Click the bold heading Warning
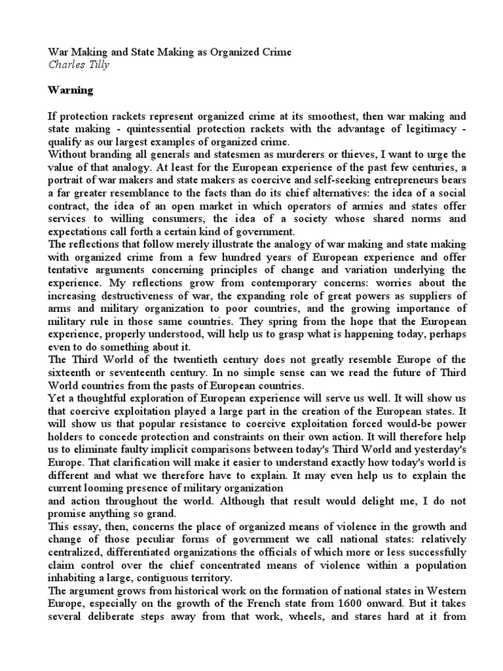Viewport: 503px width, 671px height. pos(71,90)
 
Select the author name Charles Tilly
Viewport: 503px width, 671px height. pos(78,64)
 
